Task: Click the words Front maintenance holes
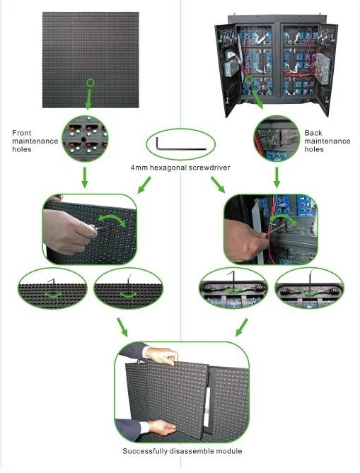35,141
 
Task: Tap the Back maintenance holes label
327,141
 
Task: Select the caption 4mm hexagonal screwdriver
180,168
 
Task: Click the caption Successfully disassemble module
182,451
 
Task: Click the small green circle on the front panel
91,82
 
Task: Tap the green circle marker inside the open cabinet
249,80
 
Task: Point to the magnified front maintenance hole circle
85,139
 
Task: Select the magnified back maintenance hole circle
277,139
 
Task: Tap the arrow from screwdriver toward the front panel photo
144,185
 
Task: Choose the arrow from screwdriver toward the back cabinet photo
218,185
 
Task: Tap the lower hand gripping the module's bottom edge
162,427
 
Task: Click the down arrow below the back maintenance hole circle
277,177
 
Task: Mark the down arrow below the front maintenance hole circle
85,177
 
